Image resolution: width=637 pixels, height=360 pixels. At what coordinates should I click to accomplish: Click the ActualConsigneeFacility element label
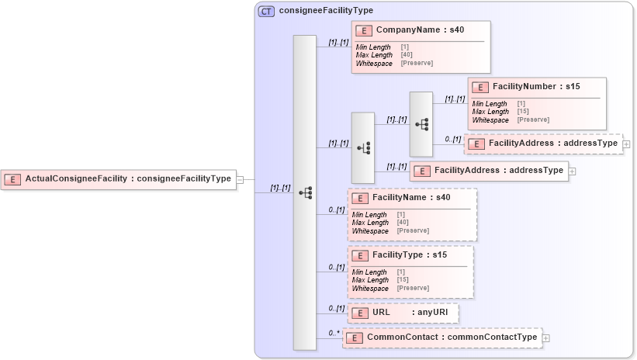(x=127, y=179)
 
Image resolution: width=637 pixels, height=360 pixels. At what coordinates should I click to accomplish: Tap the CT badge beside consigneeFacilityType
(x=266, y=11)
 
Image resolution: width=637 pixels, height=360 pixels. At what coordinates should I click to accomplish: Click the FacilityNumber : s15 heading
(x=535, y=87)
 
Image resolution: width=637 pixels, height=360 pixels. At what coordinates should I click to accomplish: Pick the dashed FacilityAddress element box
(x=543, y=144)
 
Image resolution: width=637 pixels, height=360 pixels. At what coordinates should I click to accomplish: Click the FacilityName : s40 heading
(x=410, y=199)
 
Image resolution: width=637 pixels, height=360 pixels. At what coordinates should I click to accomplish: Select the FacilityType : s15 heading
(x=408, y=255)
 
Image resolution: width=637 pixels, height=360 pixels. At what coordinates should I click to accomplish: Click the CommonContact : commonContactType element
(x=442, y=337)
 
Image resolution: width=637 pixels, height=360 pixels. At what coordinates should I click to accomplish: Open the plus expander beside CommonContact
(x=546, y=338)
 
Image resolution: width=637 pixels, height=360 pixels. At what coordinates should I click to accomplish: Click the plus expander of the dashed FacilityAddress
(x=626, y=144)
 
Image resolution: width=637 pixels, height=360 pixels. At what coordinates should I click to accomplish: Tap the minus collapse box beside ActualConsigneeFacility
(x=240, y=179)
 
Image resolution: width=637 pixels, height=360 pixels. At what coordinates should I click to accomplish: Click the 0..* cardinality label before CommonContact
(x=334, y=333)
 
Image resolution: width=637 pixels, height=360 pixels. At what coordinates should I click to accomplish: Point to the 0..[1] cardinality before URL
(x=336, y=308)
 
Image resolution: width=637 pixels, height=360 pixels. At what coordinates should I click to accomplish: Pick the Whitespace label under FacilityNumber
(x=490, y=119)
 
